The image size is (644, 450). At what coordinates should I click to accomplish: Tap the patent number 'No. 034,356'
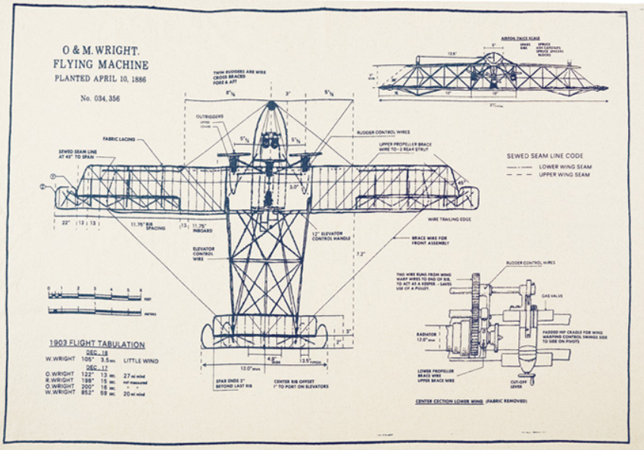click(100, 98)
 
